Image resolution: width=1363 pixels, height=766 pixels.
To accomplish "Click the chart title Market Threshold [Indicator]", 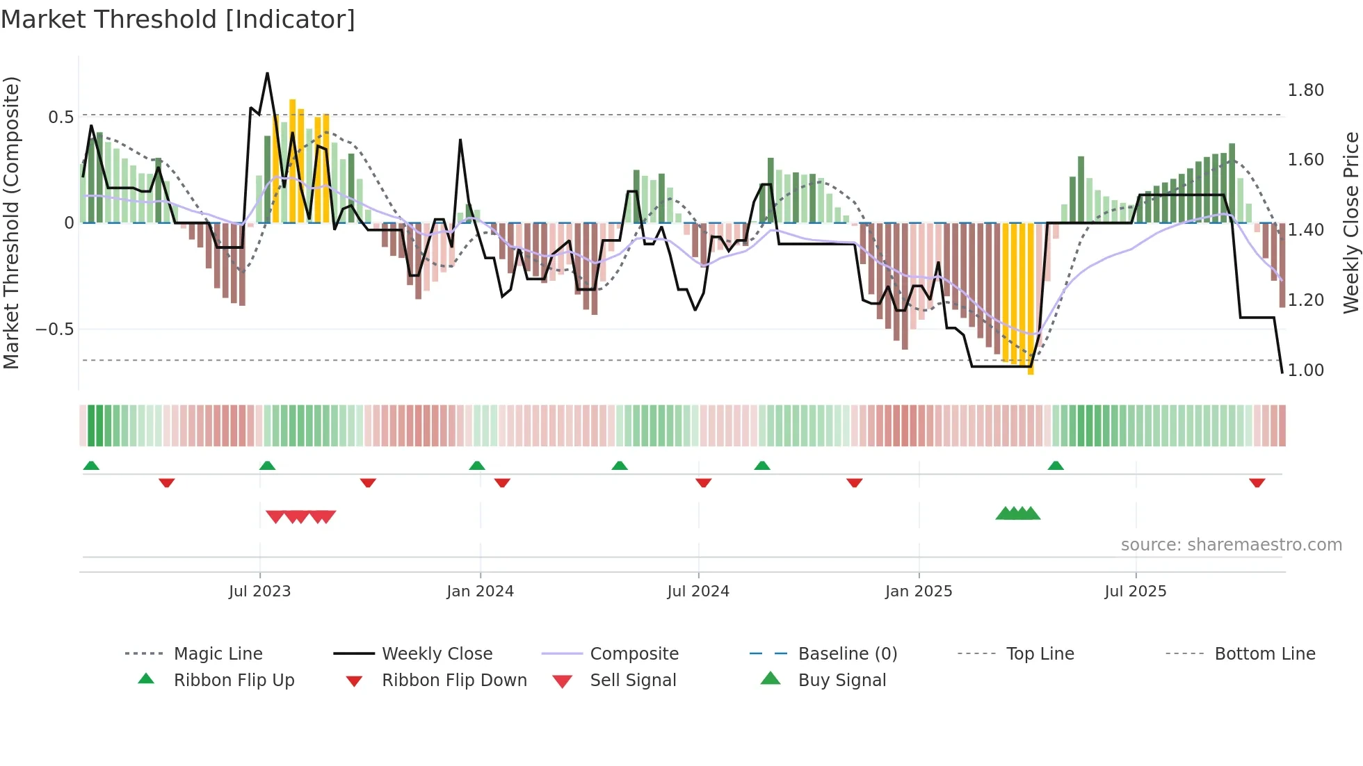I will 178,19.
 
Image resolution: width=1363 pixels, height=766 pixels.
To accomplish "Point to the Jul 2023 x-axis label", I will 259,592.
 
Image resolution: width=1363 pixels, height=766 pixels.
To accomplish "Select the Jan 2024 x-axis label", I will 480,592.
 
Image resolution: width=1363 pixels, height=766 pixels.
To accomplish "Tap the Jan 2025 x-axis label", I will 918,592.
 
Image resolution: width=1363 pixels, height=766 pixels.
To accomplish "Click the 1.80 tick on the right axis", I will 1305,90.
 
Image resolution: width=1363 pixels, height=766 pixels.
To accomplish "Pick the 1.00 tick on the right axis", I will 1305,370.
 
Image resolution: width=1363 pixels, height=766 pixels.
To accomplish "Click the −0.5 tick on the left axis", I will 55,329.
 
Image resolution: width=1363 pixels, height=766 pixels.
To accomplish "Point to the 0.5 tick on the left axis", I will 61,117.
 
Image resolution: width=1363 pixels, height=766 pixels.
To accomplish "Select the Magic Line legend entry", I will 218,654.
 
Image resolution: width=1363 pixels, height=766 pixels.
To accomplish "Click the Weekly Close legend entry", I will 437,654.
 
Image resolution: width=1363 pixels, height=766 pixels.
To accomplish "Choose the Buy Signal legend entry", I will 841,681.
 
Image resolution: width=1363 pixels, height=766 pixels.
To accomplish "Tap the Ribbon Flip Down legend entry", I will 454,681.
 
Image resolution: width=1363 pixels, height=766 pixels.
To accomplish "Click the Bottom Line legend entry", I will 1264,654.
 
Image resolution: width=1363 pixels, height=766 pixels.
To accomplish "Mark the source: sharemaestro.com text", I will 1231,545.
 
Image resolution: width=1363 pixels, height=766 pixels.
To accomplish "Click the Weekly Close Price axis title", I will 1350,222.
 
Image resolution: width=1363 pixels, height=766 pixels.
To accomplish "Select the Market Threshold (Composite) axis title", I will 11,222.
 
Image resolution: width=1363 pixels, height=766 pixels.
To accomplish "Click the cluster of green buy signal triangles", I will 1017,514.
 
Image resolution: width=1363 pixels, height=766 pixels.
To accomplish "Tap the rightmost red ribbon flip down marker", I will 1257,482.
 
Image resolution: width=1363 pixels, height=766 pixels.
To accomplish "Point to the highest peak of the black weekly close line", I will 267,74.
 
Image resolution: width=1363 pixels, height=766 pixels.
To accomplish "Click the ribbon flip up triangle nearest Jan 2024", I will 477,466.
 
